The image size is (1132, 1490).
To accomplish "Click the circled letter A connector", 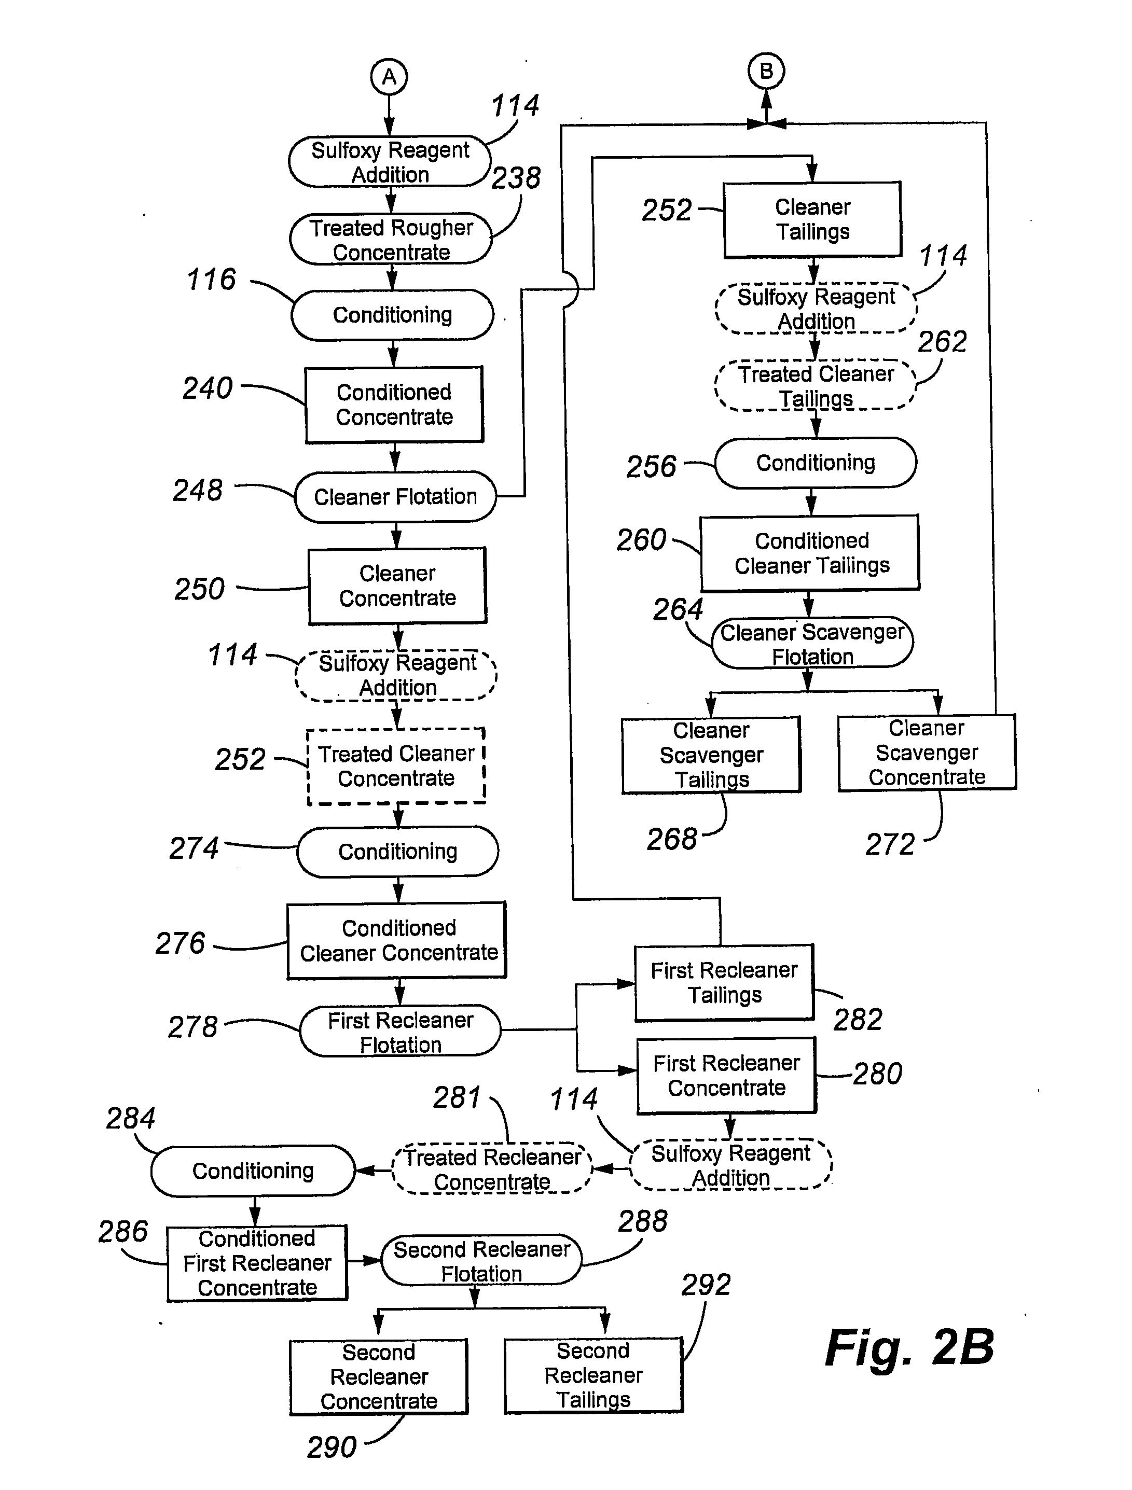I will pyautogui.click(x=389, y=77).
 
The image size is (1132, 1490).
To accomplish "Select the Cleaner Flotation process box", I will pyautogui.click(x=395, y=496).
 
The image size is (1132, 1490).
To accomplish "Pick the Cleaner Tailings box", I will pyautogui.click(x=812, y=219).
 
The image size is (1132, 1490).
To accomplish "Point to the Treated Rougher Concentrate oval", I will pyautogui.click(x=391, y=239).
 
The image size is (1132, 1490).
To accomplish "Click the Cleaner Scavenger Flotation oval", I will pyautogui.click(x=812, y=643).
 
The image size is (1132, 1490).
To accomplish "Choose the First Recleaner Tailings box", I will pyautogui.click(x=724, y=982).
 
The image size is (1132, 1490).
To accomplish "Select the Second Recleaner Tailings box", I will pyautogui.click(x=593, y=1375).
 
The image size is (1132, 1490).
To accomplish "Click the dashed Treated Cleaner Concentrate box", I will pyautogui.click(x=396, y=766).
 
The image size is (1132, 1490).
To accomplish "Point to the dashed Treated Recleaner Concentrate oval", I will pyautogui.click(x=492, y=1168).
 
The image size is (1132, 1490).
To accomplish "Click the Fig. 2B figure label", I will pyautogui.click(x=909, y=1348).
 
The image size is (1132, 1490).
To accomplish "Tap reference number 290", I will pyautogui.click(x=332, y=1447).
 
